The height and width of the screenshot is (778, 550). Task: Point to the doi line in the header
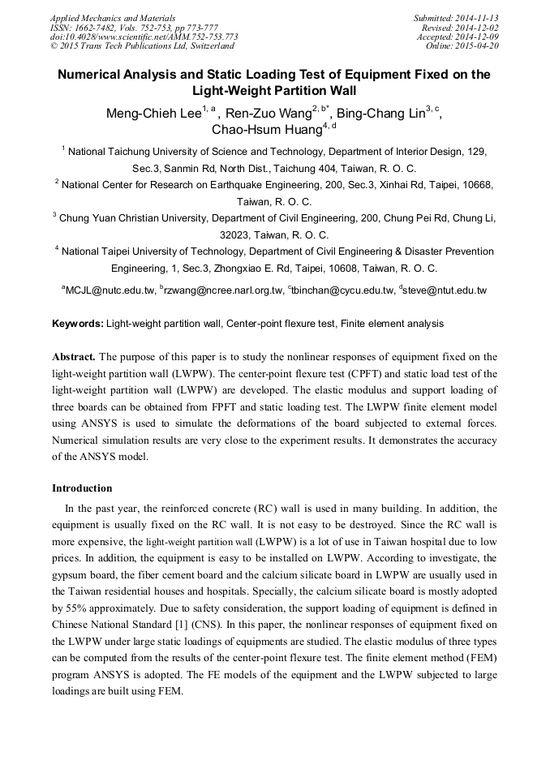click(144, 37)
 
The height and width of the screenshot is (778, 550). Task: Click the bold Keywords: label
click(78, 324)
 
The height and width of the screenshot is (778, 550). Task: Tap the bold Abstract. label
click(75, 357)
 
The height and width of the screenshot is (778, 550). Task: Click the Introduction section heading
click(82, 488)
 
